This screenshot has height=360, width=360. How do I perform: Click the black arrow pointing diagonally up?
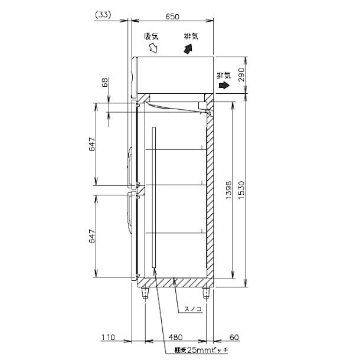(x=189, y=49)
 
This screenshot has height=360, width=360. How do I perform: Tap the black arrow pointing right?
(x=224, y=86)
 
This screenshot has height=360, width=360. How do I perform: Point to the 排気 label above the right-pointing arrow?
(x=224, y=75)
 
